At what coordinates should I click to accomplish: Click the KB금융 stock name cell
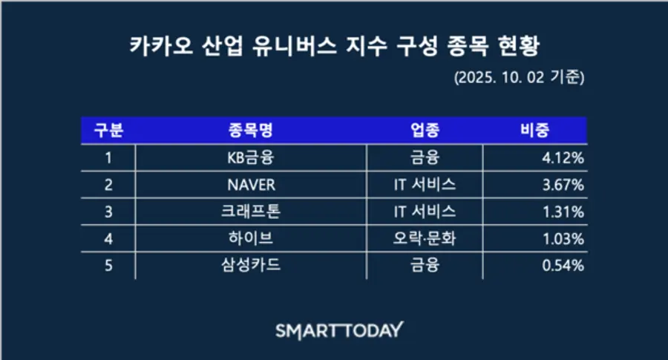251,158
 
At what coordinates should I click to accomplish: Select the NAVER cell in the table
252,185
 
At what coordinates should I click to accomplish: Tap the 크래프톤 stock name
251,212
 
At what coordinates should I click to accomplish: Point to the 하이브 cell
251,238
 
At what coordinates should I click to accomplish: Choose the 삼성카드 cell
251,265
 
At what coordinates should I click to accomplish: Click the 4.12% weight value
563,158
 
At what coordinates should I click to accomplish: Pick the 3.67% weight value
563,185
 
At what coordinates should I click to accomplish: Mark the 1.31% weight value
563,212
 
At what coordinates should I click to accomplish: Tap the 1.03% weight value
563,238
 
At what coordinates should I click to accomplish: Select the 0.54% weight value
563,266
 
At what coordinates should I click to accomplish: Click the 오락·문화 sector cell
425,238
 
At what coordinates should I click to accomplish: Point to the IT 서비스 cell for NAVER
425,185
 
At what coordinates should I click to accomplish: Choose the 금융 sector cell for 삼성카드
425,265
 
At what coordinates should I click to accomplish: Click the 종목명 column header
251,130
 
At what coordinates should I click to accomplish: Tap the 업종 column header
425,130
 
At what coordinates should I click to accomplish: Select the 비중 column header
534,130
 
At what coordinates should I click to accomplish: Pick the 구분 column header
108,130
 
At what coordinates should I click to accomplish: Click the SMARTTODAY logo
339,330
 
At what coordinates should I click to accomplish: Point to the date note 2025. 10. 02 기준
520,77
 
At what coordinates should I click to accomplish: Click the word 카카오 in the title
162,45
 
